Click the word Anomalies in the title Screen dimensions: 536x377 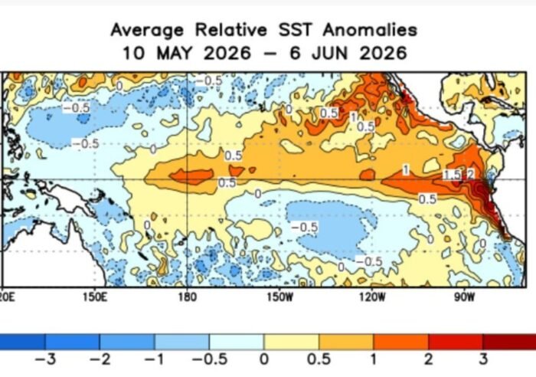click(x=370, y=30)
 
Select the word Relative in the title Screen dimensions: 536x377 click(x=230, y=30)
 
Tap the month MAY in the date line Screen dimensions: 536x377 click(x=175, y=53)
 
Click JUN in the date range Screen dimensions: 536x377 click(x=329, y=53)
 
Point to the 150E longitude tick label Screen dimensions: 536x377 click(x=95, y=297)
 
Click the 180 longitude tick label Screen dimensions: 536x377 click(x=188, y=297)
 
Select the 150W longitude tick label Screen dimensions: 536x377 click(x=280, y=297)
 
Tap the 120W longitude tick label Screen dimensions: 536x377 click(x=372, y=297)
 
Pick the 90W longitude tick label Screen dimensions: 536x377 click(x=465, y=297)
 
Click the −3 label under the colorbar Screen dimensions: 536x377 click(x=45, y=359)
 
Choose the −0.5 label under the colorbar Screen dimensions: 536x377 click(x=210, y=359)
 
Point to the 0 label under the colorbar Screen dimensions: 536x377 click(x=264, y=359)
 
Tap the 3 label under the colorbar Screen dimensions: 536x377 click(x=482, y=359)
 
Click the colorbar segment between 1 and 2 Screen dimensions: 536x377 click(x=400, y=342)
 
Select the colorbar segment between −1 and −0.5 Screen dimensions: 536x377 click(x=182, y=342)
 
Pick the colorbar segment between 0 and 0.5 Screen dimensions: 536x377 click(x=291, y=342)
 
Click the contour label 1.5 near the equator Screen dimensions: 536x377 click(x=453, y=175)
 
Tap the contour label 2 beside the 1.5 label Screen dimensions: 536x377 click(x=470, y=175)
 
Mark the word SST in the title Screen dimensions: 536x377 click(x=295, y=30)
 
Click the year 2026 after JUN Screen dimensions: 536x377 click(x=383, y=53)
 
